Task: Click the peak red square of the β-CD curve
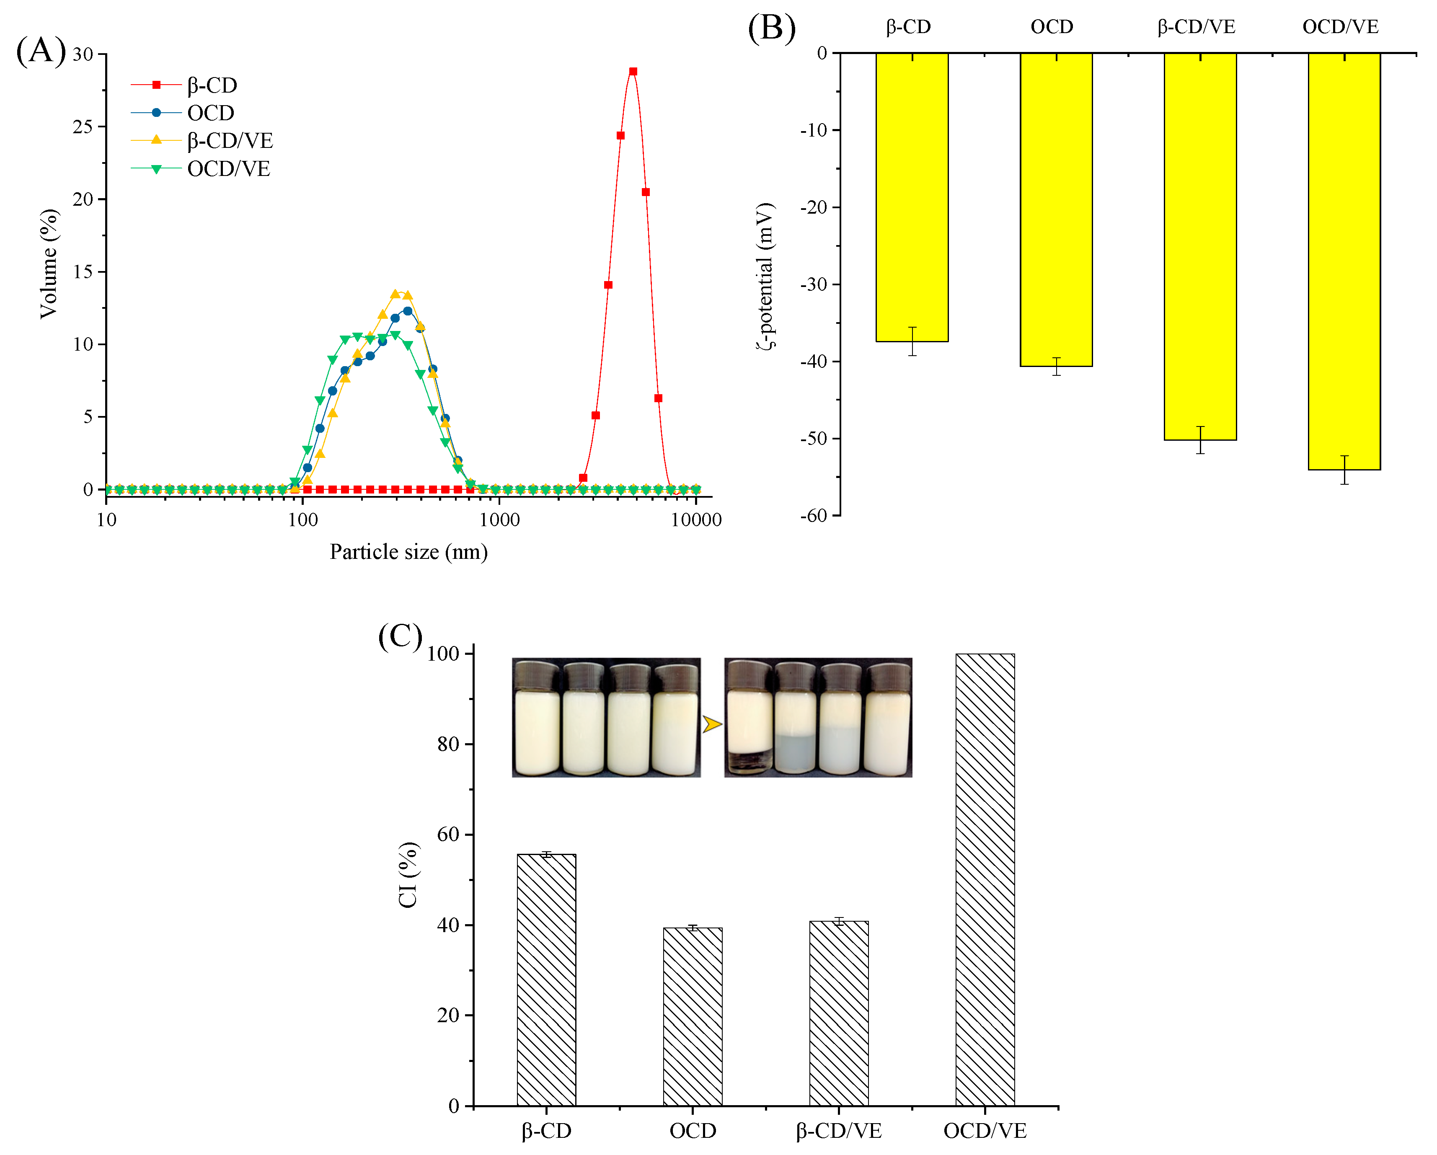pyautogui.click(x=633, y=71)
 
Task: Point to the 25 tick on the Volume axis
pyautogui.click(x=83, y=127)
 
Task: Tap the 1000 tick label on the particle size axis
pyautogui.click(x=499, y=520)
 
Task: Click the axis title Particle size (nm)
pyautogui.click(x=408, y=552)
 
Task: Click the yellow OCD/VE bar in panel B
pyautogui.click(x=1344, y=260)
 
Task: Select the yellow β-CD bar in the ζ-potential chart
pyautogui.click(x=912, y=196)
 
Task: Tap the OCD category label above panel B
pyautogui.click(x=1052, y=27)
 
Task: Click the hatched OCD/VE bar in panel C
pyautogui.click(x=985, y=880)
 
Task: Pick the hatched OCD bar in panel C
pyautogui.click(x=693, y=1016)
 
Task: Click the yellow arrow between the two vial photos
pyautogui.click(x=712, y=724)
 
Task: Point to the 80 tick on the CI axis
pyautogui.click(x=449, y=744)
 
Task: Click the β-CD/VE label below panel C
pyautogui.click(x=838, y=1131)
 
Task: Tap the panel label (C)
pyautogui.click(x=400, y=636)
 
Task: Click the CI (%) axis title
pyautogui.click(x=408, y=875)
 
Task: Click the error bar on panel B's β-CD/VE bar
pyautogui.click(x=1200, y=440)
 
